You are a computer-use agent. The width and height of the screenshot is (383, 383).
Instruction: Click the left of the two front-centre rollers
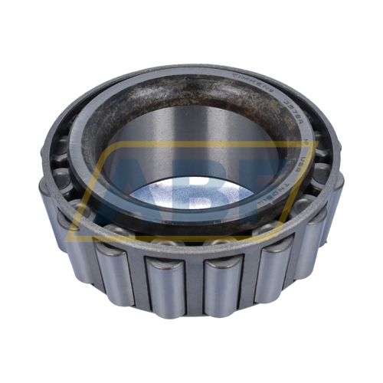tap(165, 283)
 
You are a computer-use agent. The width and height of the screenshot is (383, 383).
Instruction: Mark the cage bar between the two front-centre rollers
tap(193, 287)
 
